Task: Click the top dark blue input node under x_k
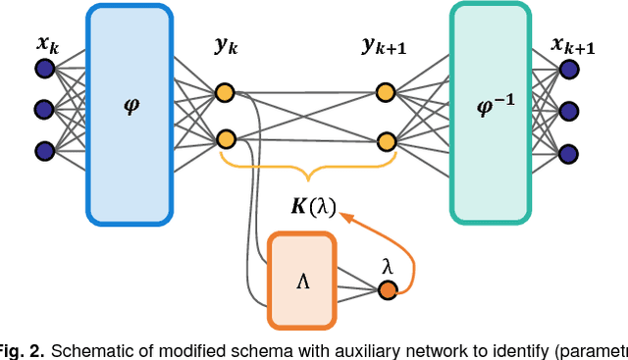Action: tap(44, 68)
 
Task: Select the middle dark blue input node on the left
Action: tap(44, 109)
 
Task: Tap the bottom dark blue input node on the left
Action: tap(44, 151)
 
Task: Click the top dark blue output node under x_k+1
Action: tap(568, 68)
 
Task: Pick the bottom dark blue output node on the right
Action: tap(568, 152)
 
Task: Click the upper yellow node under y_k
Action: tap(226, 94)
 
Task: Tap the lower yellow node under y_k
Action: tap(226, 139)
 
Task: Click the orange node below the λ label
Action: tap(388, 290)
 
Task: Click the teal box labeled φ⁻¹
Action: tap(497, 110)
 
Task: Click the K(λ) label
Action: tap(313, 207)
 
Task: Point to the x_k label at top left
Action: tap(45, 43)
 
